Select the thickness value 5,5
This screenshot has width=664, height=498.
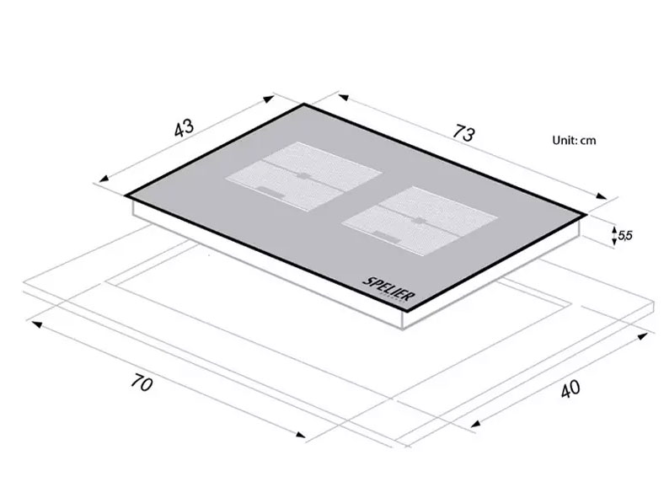(x=625, y=236)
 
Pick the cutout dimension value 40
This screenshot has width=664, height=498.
(x=570, y=389)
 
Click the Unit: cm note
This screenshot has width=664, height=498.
(x=574, y=141)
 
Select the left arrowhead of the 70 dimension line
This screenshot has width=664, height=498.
(x=32, y=321)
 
